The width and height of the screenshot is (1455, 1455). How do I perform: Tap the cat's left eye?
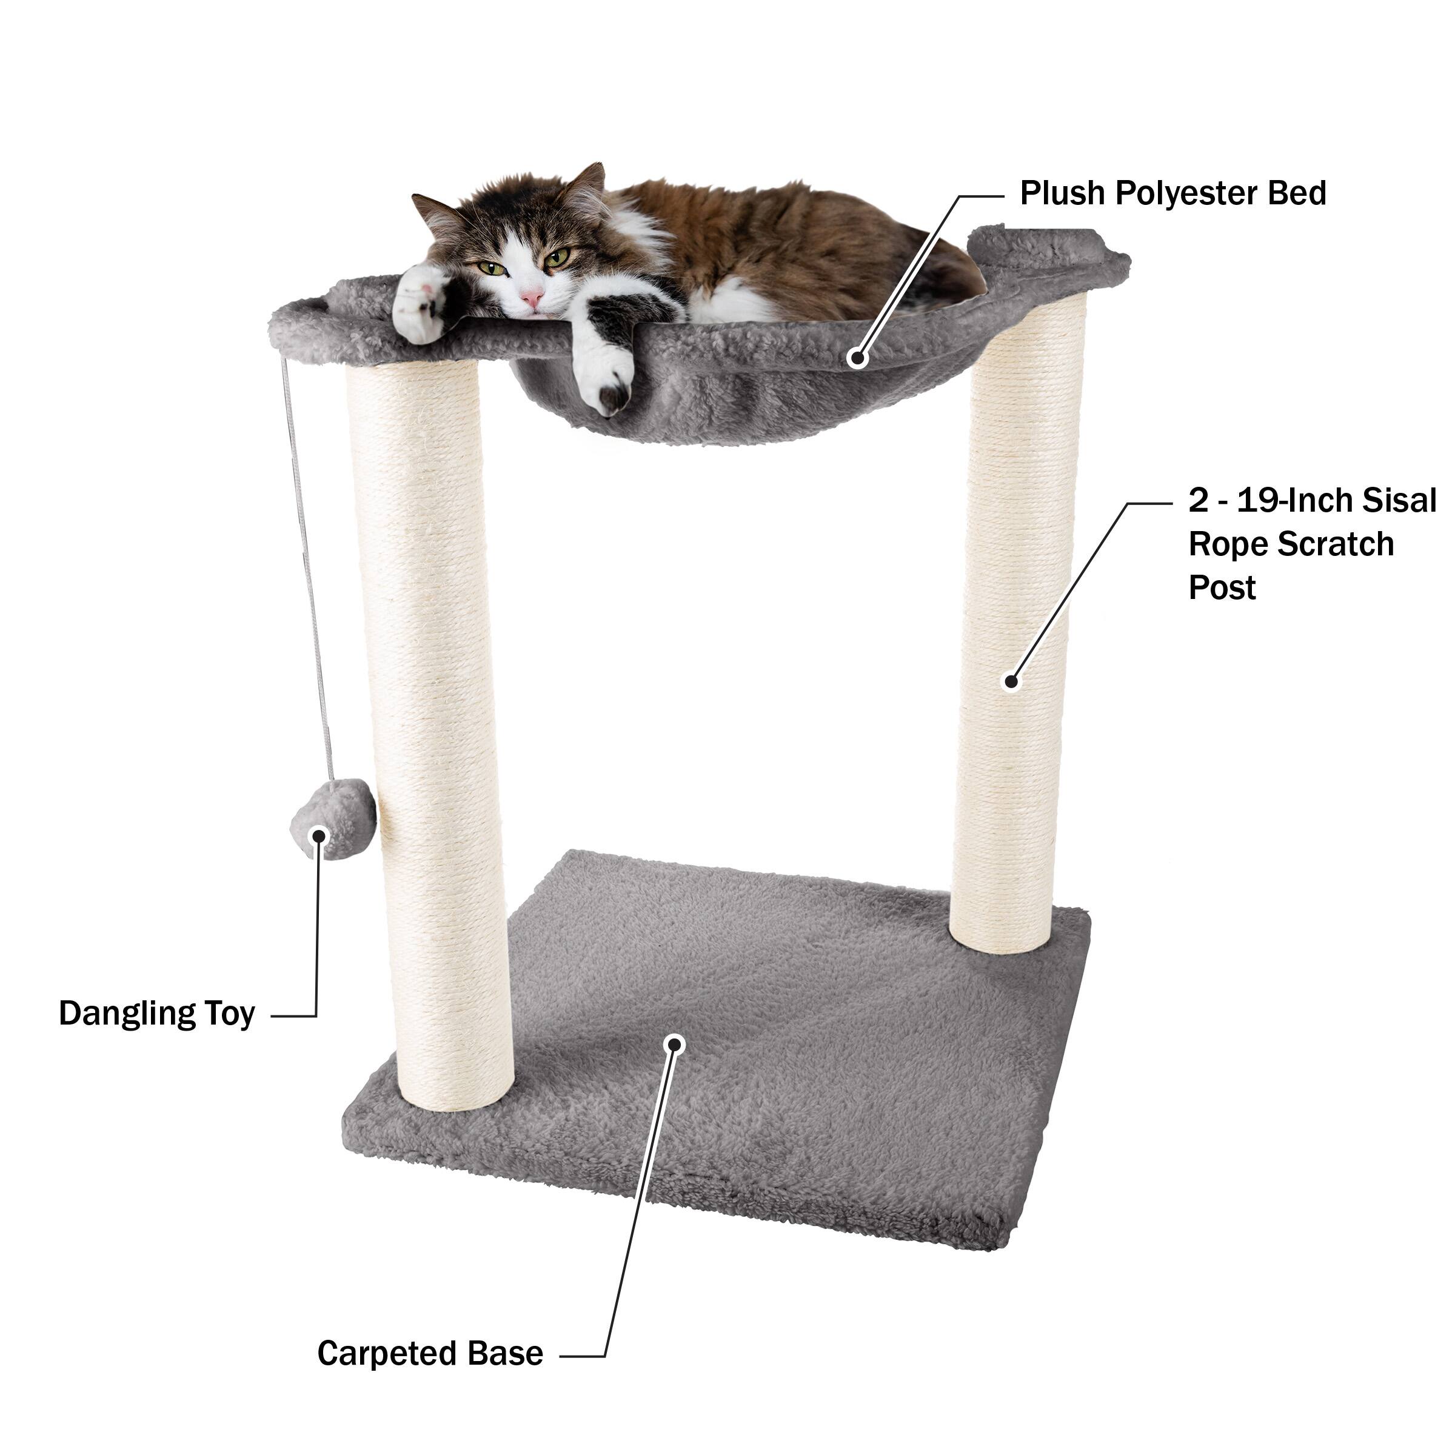pyautogui.click(x=557, y=258)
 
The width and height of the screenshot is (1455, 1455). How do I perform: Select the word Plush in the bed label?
pyautogui.click(x=1063, y=193)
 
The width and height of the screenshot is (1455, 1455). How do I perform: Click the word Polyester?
pyautogui.click(x=1187, y=193)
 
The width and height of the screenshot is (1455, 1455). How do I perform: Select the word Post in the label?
pyautogui.click(x=1222, y=587)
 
